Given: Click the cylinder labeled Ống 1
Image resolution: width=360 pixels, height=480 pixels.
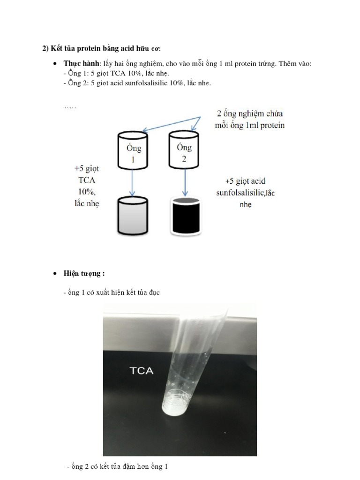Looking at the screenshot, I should point(132,151).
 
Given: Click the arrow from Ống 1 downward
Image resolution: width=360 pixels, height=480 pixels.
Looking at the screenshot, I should point(133,183).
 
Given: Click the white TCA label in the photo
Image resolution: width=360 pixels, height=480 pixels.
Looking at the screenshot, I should point(141,371).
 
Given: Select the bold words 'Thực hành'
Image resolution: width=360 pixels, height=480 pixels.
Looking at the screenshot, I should point(81,63).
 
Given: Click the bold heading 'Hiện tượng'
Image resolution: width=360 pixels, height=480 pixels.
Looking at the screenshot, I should point(82,273).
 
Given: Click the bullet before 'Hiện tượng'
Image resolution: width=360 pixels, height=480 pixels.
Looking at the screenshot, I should point(55,274).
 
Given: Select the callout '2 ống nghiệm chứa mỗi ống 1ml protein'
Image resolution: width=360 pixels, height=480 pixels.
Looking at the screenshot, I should point(249,120).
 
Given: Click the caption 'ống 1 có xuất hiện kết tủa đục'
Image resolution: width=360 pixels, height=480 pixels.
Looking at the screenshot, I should point(111,292).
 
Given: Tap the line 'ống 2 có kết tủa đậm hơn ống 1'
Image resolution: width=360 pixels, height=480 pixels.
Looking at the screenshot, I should point(117,466).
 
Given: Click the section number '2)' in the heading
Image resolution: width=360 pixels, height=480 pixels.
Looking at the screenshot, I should point(45,48).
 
